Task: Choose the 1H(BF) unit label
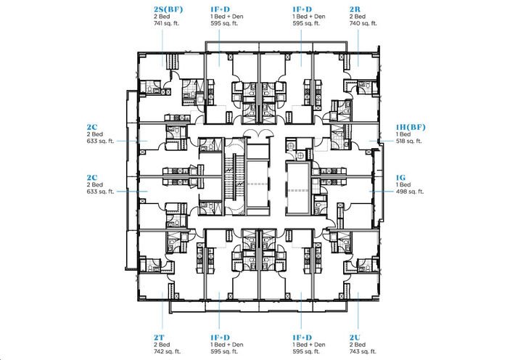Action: [x=411, y=126]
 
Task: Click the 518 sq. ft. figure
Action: [x=409, y=142]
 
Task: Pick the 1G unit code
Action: [x=400, y=176]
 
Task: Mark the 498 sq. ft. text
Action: [x=409, y=192]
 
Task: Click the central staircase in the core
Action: [x=232, y=175]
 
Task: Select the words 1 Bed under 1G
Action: [x=403, y=184]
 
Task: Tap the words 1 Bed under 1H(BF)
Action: [x=403, y=134]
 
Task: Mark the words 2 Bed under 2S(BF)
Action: [x=161, y=17]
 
